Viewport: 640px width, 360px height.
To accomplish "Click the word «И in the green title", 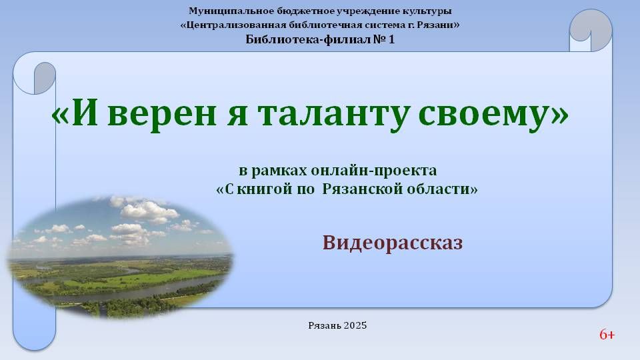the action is [75, 113].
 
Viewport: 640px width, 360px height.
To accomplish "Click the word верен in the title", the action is [161, 115].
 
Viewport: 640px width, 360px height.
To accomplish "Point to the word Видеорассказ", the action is [393, 243].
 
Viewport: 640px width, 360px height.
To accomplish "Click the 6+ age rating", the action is [607, 335].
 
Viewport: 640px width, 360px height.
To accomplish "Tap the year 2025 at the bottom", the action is [355, 325].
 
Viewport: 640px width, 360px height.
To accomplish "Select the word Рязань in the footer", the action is [325, 325].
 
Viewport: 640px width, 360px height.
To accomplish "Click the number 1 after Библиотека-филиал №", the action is [391, 39].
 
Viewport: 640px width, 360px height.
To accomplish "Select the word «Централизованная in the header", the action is [233, 25].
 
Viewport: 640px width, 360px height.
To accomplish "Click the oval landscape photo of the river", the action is [121, 257].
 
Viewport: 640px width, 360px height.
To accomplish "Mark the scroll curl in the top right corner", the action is [591, 29].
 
